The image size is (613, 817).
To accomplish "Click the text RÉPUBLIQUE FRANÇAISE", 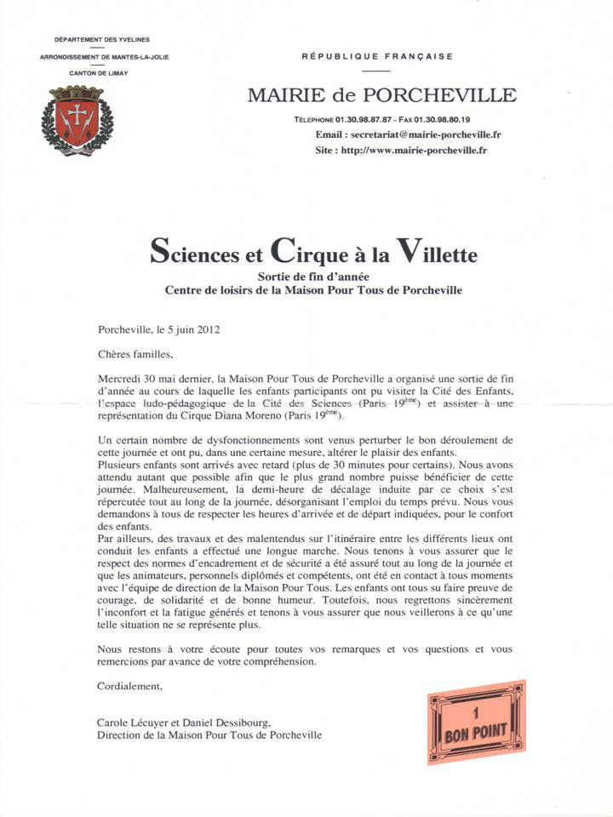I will pos(377,56).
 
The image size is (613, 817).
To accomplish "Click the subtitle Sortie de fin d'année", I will pos(314,276).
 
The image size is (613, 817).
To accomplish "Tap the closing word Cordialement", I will pos(129,683).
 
